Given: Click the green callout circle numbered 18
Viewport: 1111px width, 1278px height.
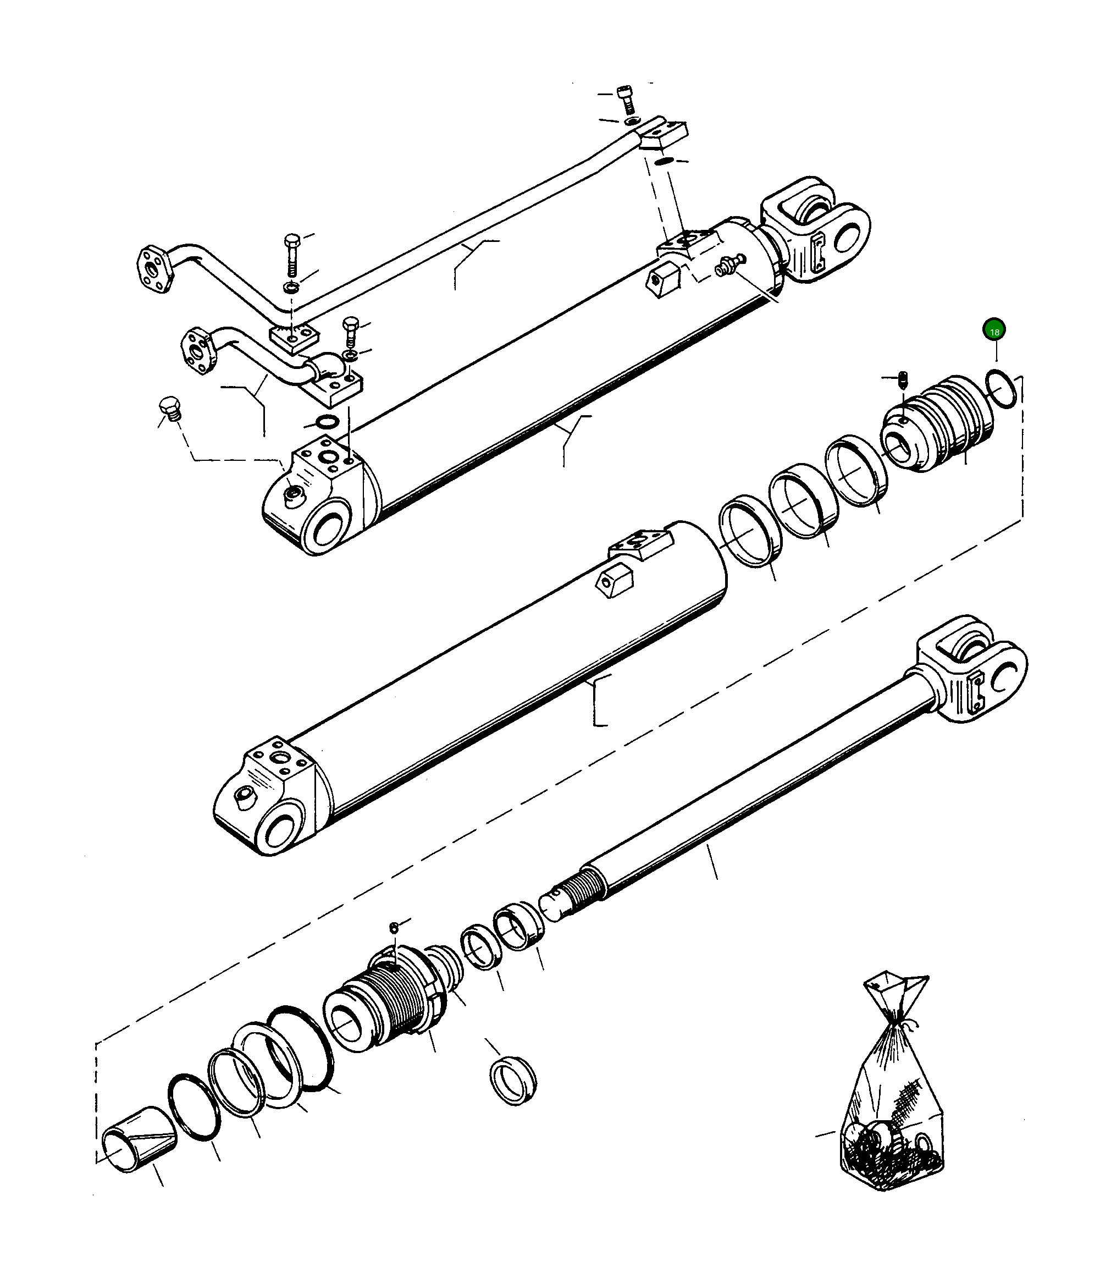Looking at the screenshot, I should point(994,330).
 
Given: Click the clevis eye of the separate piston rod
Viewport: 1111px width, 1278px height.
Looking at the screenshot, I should point(980,676).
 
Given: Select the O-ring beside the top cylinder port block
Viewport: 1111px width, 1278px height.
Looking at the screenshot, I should point(327,422).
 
